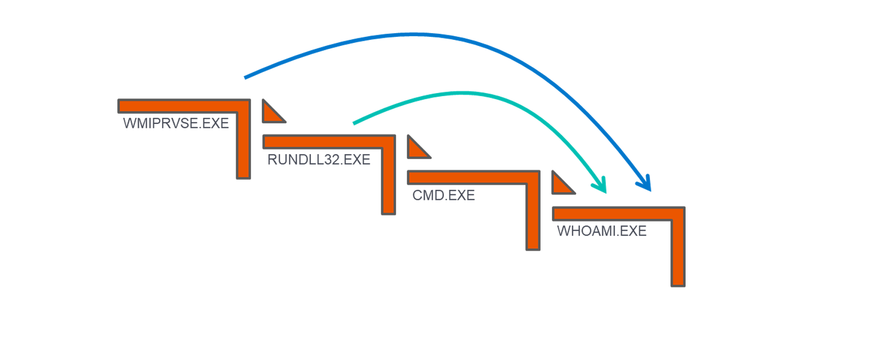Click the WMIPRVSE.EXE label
click(176, 123)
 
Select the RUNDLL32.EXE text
click(319, 160)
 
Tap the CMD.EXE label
click(444, 195)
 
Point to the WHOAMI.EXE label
click(602, 231)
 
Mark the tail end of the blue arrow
click(245, 78)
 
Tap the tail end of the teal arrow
click(354, 123)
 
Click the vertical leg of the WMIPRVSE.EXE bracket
click(243, 146)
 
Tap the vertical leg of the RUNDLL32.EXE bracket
click(388, 182)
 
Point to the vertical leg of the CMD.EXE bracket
click(533, 218)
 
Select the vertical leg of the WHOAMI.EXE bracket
click(678, 254)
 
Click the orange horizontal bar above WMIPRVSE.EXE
click(184, 106)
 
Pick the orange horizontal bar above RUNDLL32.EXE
click(329, 141)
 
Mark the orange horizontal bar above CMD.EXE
click(474, 177)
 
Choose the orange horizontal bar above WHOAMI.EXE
click(619, 213)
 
